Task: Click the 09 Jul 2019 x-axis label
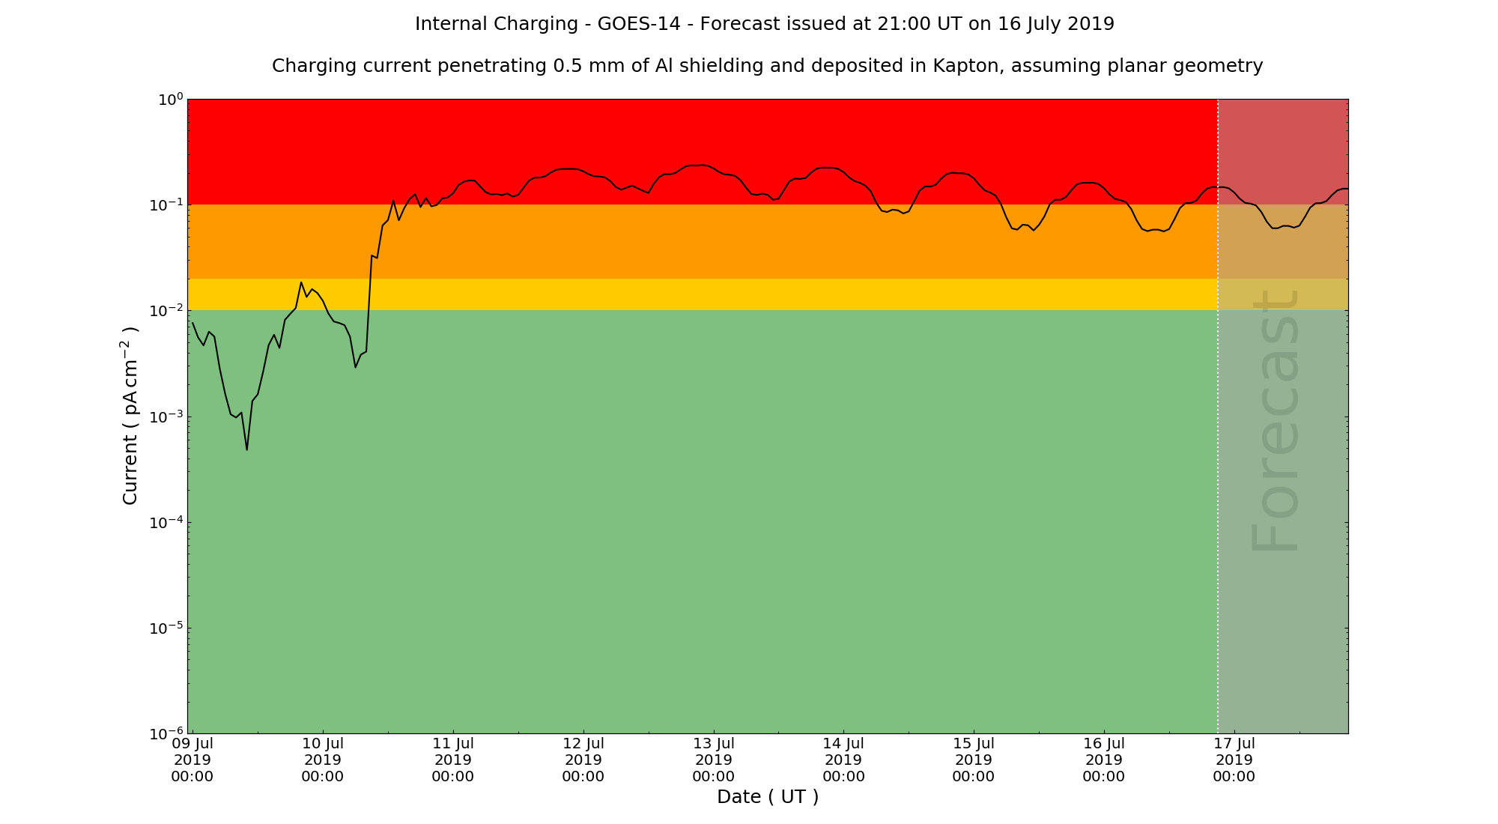(x=192, y=760)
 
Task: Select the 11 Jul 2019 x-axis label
(x=453, y=760)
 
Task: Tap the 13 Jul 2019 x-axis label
(x=714, y=760)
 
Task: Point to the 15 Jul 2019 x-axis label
(x=974, y=760)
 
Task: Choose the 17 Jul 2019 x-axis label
(x=1234, y=760)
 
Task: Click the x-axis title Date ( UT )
(x=768, y=797)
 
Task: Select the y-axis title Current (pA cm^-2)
(x=130, y=416)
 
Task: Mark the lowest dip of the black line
(x=247, y=449)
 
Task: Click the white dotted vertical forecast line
(x=1218, y=449)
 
